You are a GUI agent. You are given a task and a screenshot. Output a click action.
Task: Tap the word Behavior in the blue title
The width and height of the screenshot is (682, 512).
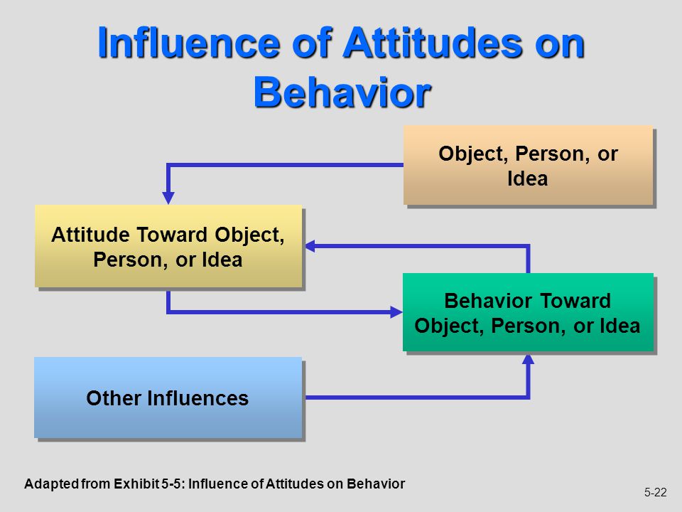342,92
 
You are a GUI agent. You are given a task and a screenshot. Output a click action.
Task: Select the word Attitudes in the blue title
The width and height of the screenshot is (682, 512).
433,43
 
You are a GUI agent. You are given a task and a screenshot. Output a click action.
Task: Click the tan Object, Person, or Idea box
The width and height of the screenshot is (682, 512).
528,165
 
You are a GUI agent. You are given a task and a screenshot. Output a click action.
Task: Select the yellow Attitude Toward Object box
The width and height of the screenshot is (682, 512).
168,246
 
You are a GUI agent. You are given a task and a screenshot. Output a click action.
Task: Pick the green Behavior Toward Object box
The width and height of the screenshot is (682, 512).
528,311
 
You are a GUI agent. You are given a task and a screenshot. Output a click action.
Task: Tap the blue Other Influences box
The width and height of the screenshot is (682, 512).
168,398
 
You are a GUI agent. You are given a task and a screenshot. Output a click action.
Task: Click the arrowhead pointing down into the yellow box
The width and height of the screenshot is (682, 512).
168,198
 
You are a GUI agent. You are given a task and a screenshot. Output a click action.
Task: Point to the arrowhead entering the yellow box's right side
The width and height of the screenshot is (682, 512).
310,246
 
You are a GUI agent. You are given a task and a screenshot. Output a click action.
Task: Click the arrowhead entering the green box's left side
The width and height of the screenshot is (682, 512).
396,311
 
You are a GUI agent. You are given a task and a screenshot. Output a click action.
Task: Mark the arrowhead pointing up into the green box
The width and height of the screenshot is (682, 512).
528,358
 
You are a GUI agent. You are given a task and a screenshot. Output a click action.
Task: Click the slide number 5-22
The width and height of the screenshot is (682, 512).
655,492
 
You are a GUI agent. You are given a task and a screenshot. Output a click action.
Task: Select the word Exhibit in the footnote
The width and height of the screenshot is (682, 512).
136,484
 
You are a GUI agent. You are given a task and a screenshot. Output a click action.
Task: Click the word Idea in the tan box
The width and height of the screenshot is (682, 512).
528,178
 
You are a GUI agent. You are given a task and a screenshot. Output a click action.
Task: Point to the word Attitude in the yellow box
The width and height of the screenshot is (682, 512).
90,234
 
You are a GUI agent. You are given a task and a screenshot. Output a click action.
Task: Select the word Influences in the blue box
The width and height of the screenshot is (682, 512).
198,398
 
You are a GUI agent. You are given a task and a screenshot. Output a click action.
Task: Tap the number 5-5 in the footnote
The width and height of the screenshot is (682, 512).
171,484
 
